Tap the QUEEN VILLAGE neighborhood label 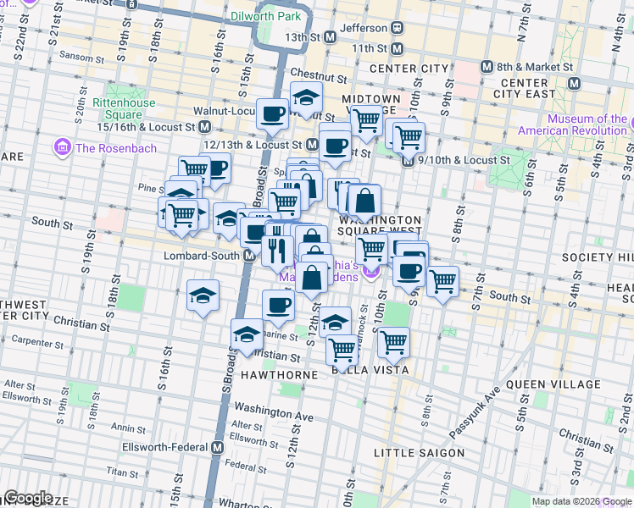(553, 384)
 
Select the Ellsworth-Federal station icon (217, 447)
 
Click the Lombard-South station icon (251, 255)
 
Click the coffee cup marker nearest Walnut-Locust (273, 113)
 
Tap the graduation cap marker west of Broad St (203, 295)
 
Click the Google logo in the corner (28, 498)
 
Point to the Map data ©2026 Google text (581, 501)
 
